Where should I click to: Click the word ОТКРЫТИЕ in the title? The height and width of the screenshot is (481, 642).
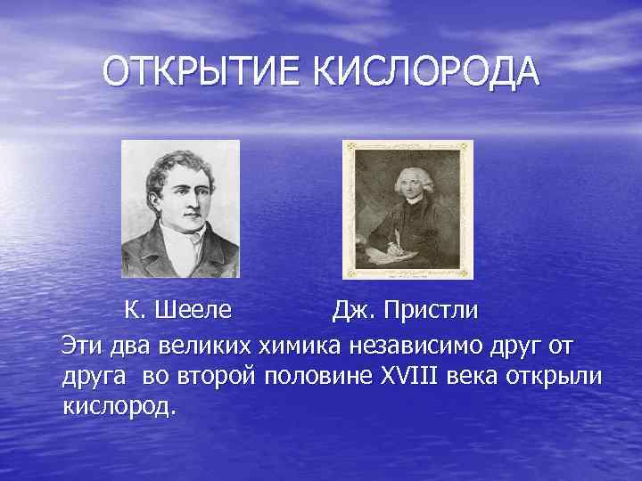tap(203, 72)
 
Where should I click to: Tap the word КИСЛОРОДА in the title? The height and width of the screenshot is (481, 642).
tap(426, 72)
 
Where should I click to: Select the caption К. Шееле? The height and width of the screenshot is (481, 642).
tap(178, 311)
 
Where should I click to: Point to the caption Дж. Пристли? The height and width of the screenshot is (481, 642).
tap(406, 311)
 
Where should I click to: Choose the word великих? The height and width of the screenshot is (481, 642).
tap(209, 344)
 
